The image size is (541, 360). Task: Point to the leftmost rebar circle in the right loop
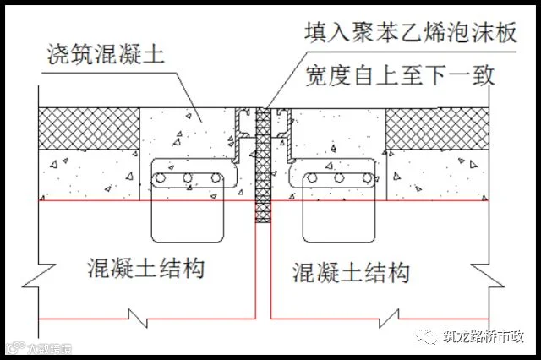[314, 179]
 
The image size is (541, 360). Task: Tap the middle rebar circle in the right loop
[339, 179]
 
